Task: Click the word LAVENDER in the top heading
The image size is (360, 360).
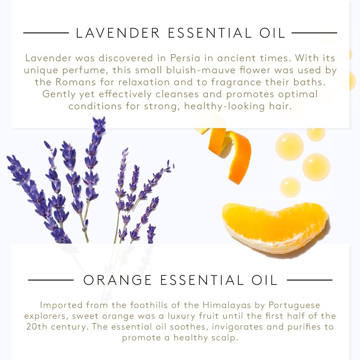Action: (x=117, y=33)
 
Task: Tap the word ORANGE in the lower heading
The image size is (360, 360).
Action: (x=117, y=280)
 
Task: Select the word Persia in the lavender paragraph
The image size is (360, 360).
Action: (x=185, y=58)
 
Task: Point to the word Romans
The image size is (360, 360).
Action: (x=76, y=82)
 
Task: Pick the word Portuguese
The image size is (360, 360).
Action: (x=294, y=306)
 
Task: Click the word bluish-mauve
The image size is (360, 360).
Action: (x=201, y=70)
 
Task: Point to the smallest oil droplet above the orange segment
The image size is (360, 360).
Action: (x=290, y=187)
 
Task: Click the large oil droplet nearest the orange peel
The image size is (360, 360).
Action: (x=289, y=146)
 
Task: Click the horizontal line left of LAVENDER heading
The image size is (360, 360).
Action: (x=46, y=33)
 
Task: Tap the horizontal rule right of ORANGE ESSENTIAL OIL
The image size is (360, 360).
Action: (x=310, y=280)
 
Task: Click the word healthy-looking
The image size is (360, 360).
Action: (x=224, y=106)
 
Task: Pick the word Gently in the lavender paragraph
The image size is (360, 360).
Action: (x=59, y=94)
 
